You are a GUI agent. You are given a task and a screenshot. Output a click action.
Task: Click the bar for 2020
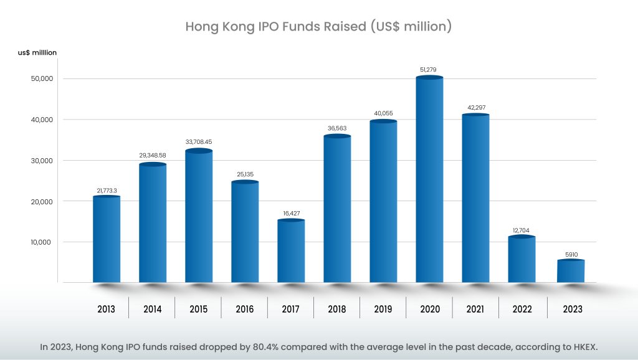429,181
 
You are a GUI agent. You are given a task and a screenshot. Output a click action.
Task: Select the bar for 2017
291,252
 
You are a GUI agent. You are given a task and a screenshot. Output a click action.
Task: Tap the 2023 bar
570,272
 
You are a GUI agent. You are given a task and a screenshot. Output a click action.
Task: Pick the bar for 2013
107,240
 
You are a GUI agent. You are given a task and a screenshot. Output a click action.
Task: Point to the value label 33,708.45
199,141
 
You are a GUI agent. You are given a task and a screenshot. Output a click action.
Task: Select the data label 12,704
521,229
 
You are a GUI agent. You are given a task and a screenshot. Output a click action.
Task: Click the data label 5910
570,253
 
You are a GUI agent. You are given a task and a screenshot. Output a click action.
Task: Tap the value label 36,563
337,128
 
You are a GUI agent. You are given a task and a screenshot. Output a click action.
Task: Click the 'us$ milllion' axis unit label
37,53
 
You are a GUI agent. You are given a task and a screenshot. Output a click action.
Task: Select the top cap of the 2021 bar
475,115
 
